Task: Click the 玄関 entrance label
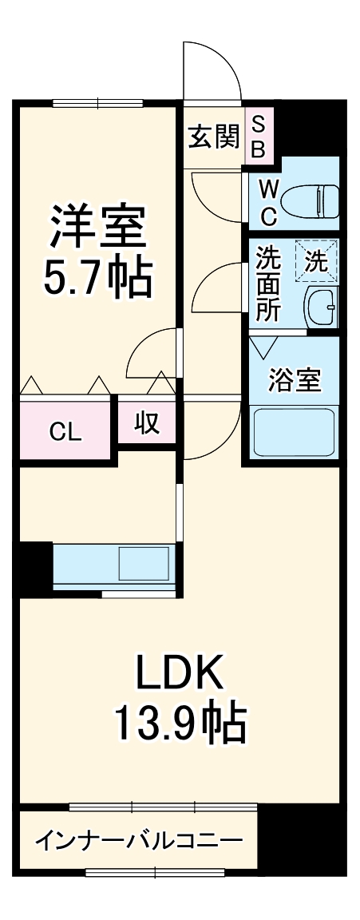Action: tap(213, 137)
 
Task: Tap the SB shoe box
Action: tap(259, 137)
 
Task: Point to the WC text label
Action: tap(268, 202)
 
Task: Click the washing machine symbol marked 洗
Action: tap(316, 260)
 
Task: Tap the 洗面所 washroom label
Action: tap(267, 286)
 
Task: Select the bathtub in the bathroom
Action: tap(293, 432)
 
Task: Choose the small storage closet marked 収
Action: tap(146, 422)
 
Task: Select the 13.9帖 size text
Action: tap(179, 723)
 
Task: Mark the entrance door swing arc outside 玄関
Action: tap(212, 72)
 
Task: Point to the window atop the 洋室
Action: tap(97, 102)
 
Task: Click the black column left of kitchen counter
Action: tap(34, 566)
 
